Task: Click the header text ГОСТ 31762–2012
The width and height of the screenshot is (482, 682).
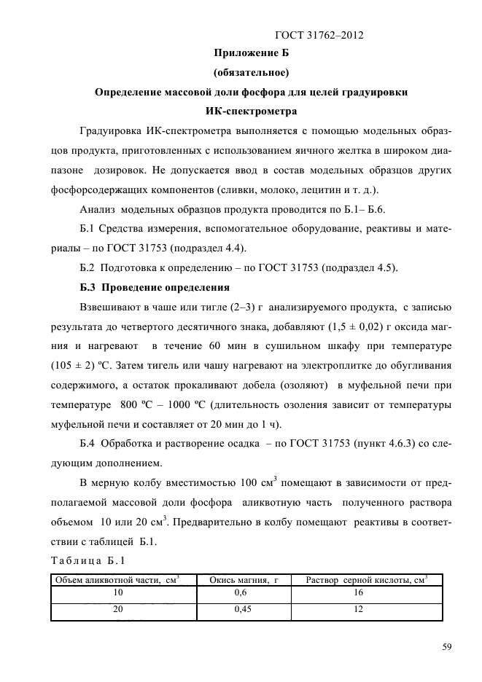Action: click(x=319, y=34)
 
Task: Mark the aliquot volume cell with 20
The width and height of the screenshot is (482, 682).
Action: click(x=117, y=611)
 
